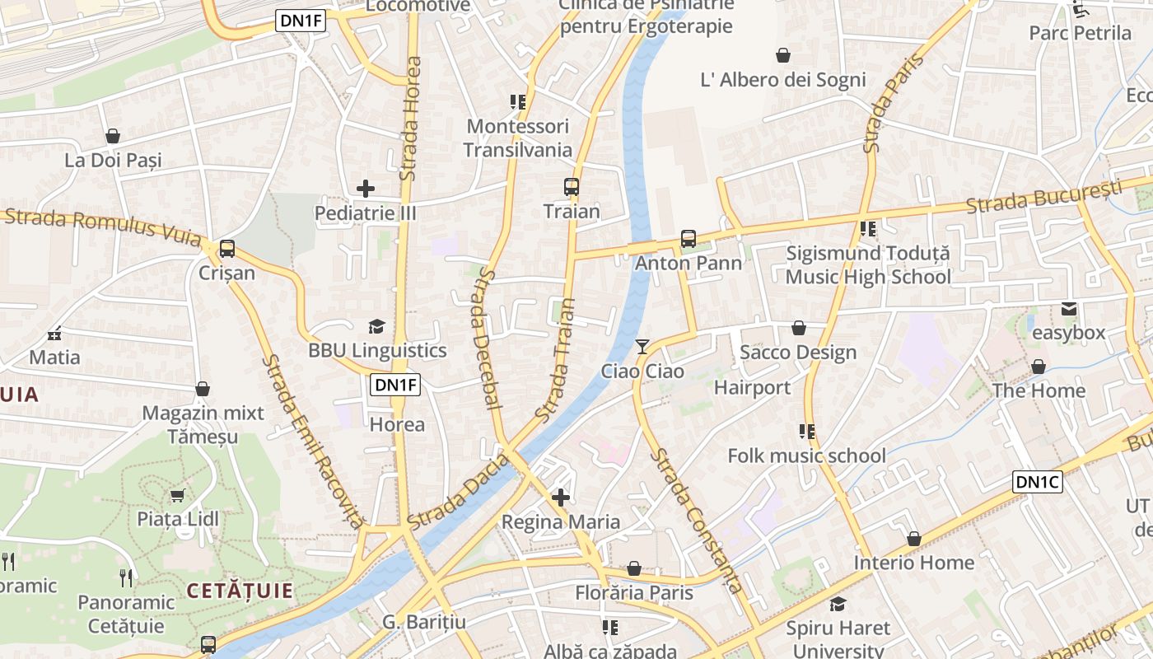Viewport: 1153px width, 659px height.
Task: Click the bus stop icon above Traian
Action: coord(571,187)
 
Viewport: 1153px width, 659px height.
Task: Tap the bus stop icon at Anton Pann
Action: coord(688,239)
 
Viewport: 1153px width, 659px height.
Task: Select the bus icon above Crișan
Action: coord(226,248)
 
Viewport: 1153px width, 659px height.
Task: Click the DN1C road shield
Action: coord(1037,482)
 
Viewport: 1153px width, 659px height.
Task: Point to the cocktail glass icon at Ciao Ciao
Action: coord(642,347)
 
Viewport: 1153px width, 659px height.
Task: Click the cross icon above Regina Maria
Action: coord(561,498)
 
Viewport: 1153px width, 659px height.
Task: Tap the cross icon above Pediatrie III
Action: coord(366,189)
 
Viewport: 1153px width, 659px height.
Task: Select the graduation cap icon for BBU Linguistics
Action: coord(376,326)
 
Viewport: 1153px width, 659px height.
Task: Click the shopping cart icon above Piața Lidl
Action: coord(177,495)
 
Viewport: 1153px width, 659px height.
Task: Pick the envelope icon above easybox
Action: coord(1069,309)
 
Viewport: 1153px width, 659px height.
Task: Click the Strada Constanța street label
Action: coord(696,521)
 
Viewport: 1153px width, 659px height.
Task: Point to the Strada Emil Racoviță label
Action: coord(313,442)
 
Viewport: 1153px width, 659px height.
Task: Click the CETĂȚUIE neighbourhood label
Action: coord(240,591)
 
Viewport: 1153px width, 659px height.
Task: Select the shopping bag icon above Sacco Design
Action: coord(798,329)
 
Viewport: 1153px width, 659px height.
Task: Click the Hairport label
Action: coord(752,387)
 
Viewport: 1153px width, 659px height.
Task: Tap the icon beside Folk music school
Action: coord(807,432)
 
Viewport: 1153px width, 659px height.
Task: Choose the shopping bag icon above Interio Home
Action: coord(913,539)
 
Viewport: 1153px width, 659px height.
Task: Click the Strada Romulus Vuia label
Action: coord(103,227)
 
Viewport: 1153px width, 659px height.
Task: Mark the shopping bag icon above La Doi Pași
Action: coord(113,136)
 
